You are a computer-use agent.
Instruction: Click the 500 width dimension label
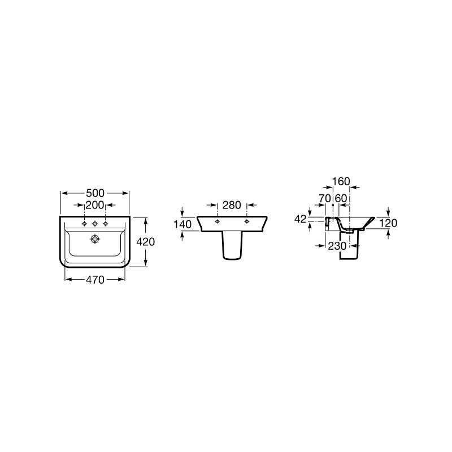point(95,193)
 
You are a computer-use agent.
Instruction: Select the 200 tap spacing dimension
point(95,205)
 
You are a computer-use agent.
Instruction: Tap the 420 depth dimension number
point(146,242)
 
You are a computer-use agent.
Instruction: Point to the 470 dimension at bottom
point(95,279)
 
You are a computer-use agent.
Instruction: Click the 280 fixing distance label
point(232,205)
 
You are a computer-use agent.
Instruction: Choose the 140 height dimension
point(182,224)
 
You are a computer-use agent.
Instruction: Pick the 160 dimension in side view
point(341,181)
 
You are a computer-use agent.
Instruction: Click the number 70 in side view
point(325,198)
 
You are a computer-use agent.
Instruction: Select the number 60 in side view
point(341,198)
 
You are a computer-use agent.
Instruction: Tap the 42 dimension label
point(300,219)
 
